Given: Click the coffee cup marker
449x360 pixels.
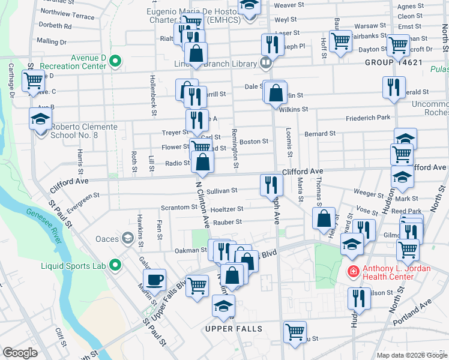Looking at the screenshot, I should click(154, 280).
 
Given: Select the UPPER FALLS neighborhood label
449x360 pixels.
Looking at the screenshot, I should click(234, 329).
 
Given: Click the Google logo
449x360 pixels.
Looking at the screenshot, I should click(20, 353).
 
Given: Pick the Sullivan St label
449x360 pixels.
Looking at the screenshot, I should click(221, 191).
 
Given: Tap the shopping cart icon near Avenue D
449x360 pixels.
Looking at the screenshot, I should click(34, 80).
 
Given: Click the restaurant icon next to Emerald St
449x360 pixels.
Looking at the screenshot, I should click(394, 87).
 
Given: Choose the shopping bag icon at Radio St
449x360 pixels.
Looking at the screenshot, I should click(203, 162).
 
